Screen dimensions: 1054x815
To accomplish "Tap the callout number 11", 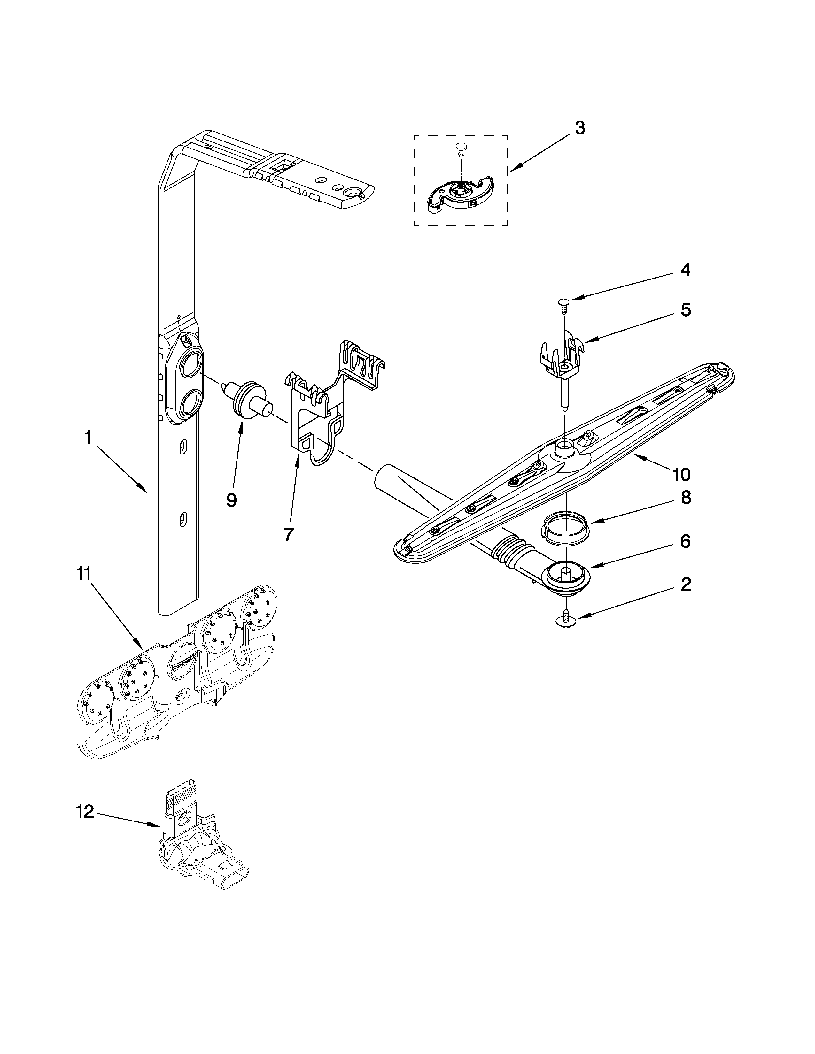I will pyautogui.click(x=84, y=574).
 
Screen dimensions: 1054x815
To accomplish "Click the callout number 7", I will pyautogui.click(x=289, y=534).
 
